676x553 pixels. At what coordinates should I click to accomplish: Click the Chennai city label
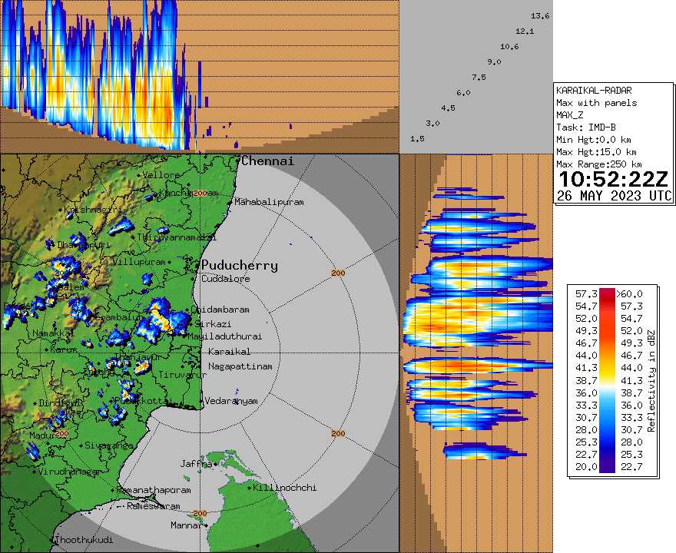point(267,161)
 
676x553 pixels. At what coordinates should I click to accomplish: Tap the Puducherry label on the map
point(240,265)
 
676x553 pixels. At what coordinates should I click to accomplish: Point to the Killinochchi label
point(285,488)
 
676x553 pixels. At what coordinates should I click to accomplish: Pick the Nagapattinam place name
point(240,366)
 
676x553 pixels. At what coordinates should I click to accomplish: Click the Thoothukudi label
point(78,541)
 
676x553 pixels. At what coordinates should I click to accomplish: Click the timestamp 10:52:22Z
point(613,180)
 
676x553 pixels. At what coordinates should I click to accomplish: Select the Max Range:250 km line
point(598,164)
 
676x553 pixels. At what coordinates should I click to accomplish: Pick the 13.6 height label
point(540,16)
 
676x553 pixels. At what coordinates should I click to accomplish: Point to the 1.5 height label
point(418,139)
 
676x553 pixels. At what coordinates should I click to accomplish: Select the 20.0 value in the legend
point(582,466)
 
